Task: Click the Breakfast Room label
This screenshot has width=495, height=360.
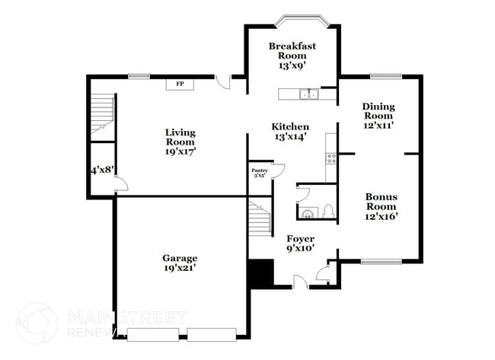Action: click(292, 56)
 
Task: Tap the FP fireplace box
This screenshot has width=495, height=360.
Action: click(180, 84)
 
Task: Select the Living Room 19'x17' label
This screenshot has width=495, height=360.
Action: click(180, 142)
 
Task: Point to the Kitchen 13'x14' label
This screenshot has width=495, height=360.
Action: click(290, 132)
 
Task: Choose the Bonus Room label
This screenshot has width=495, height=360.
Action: click(381, 205)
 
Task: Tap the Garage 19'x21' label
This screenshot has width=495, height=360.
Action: click(180, 263)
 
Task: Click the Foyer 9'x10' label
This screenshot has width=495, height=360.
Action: click(300, 244)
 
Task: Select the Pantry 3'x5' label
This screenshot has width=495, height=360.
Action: click(259, 173)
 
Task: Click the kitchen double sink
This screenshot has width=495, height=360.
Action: click(308, 94)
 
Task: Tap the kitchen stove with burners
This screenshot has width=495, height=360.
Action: click(331, 158)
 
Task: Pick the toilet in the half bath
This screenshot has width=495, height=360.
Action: click(327, 211)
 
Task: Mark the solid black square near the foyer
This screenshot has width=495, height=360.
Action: click(261, 273)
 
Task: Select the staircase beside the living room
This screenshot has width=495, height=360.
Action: click(102, 116)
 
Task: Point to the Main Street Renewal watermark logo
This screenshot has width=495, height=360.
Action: click(37, 323)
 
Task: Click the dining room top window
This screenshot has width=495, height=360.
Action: click(385, 75)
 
